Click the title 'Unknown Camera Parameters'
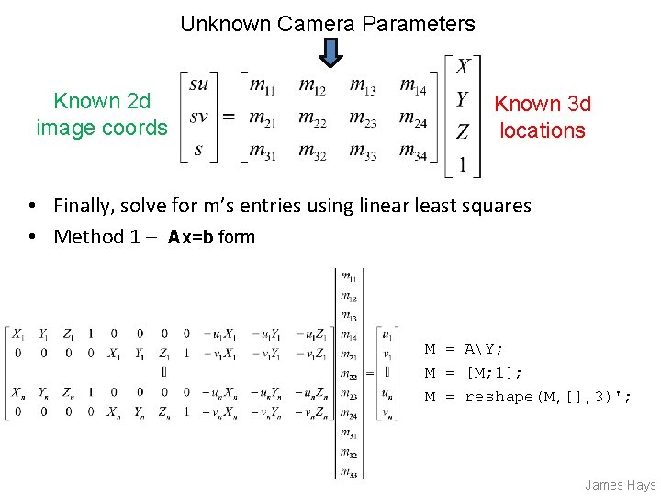pos(328,24)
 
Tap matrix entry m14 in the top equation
pos(413,85)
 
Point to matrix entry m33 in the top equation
pos(363,151)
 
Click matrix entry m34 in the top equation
pos(413,151)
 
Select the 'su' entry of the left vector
pos(199,85)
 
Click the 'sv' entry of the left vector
pos(199,118)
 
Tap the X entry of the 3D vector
pos(463,66)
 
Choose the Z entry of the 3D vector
pos(463,131)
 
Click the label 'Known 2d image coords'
pos(102,114)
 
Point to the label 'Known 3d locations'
pos(543,117)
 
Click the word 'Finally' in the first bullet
pos(87,205)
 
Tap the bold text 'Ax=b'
pos(191,237)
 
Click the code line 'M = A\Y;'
pos(464,349)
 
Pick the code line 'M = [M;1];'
pos(474,373)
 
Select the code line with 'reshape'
pos(528,397)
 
